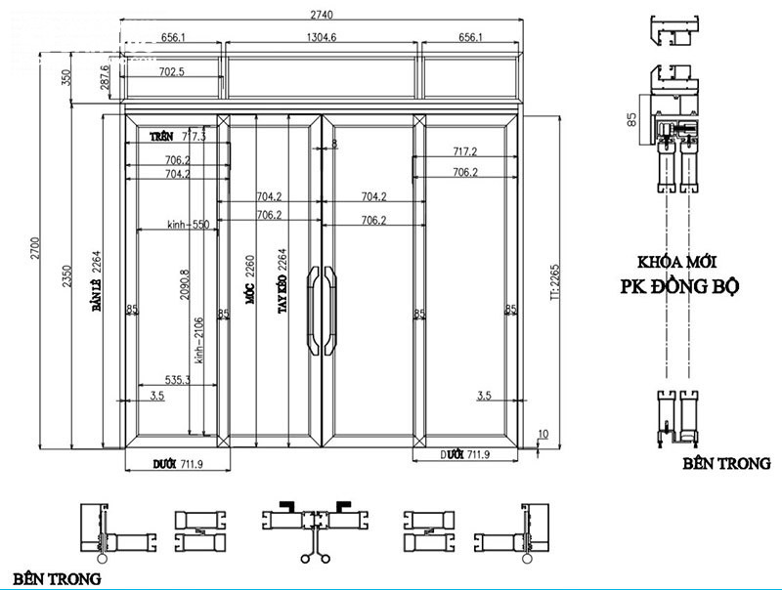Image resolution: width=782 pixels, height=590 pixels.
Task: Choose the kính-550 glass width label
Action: (189, 224)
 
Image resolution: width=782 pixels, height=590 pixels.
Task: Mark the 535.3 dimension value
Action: (176, 379)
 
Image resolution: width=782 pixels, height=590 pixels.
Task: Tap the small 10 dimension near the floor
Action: (543, 434)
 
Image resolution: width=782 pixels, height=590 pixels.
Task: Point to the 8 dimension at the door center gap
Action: (333, 144)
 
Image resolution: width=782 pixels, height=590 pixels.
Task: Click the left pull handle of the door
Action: (314, 308)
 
